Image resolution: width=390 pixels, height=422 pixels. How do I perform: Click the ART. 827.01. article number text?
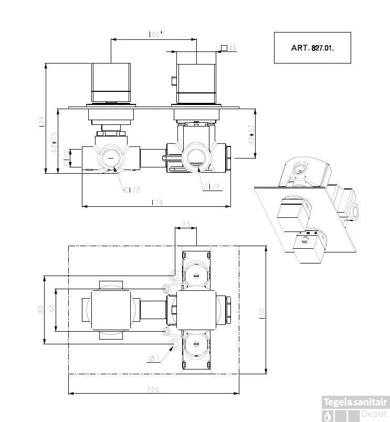[312, 47]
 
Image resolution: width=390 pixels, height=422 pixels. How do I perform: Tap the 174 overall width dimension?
[156, 202]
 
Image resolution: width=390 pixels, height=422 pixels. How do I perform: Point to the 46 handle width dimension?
[233, 48]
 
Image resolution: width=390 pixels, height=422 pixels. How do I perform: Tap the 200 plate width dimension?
[153, 389]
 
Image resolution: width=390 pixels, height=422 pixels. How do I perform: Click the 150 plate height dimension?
[262, 312]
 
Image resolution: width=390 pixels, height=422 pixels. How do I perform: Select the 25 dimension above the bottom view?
[186, 225]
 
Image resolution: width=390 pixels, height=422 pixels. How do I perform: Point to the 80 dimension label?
[40, 310]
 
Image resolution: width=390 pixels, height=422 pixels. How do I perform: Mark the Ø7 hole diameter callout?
[154, 358]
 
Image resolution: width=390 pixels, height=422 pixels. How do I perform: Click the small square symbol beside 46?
[224, 48]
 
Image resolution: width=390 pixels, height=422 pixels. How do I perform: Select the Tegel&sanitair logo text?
[355, 402]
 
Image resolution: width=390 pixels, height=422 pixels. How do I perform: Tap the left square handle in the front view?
[111, 82]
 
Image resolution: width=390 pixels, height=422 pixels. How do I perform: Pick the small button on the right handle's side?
[173, 80]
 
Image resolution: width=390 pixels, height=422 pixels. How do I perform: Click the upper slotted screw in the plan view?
[196, 275]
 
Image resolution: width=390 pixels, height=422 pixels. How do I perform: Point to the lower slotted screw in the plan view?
[196, 344]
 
